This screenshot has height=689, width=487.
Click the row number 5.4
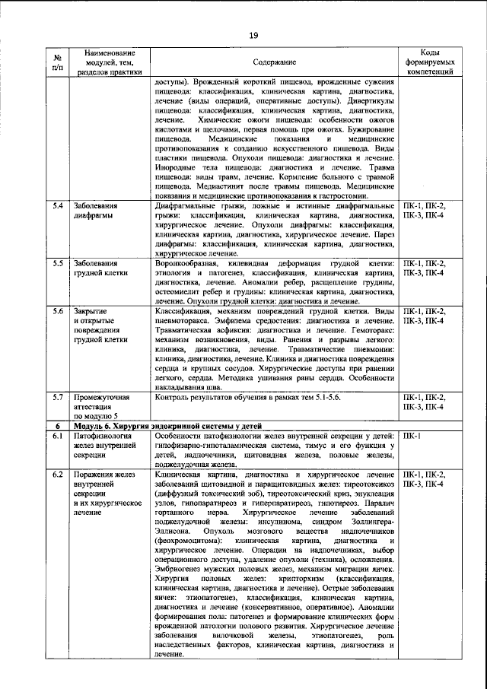coord(57,206)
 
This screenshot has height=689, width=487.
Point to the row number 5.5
coord(57,264)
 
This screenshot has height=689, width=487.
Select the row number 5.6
coord(57,312)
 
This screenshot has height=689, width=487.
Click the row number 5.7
coord(57,397)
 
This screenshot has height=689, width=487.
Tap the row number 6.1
coord(57,436)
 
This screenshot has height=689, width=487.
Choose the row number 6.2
coord(57,475)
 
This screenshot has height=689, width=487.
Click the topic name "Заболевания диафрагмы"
coord(95,211)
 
